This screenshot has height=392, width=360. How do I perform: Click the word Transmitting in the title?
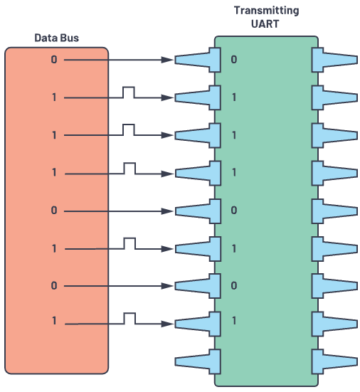point(266,11)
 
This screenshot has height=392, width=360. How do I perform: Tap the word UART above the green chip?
point(265,24)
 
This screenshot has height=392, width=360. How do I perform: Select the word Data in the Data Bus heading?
point(46,38)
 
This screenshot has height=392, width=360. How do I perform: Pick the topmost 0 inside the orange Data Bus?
point(54,60)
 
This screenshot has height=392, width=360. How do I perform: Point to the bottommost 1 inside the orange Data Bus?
point(54,321)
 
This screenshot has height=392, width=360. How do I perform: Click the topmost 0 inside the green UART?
point(234,60)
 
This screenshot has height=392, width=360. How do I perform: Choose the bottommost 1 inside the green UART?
point(234,321)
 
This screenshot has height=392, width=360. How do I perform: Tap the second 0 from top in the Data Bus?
point(54,211)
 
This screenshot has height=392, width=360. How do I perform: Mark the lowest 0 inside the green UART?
point(234,285)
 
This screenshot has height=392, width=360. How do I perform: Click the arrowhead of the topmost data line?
point(167,60)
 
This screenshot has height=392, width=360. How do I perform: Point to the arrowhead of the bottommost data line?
point(167,324)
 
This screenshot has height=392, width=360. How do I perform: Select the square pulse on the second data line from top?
point(129,92)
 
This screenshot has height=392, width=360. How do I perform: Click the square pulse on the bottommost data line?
point(129,318)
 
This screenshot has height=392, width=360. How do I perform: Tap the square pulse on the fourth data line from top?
point(129,168)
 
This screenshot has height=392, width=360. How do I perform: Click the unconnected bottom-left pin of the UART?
point(198,361)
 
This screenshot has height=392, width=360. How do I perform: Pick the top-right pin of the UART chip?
point(334,60)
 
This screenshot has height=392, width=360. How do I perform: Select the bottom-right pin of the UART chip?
point(334,361)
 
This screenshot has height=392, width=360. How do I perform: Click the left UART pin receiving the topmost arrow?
point(198,60)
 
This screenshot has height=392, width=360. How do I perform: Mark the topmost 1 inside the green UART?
point(234,97)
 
